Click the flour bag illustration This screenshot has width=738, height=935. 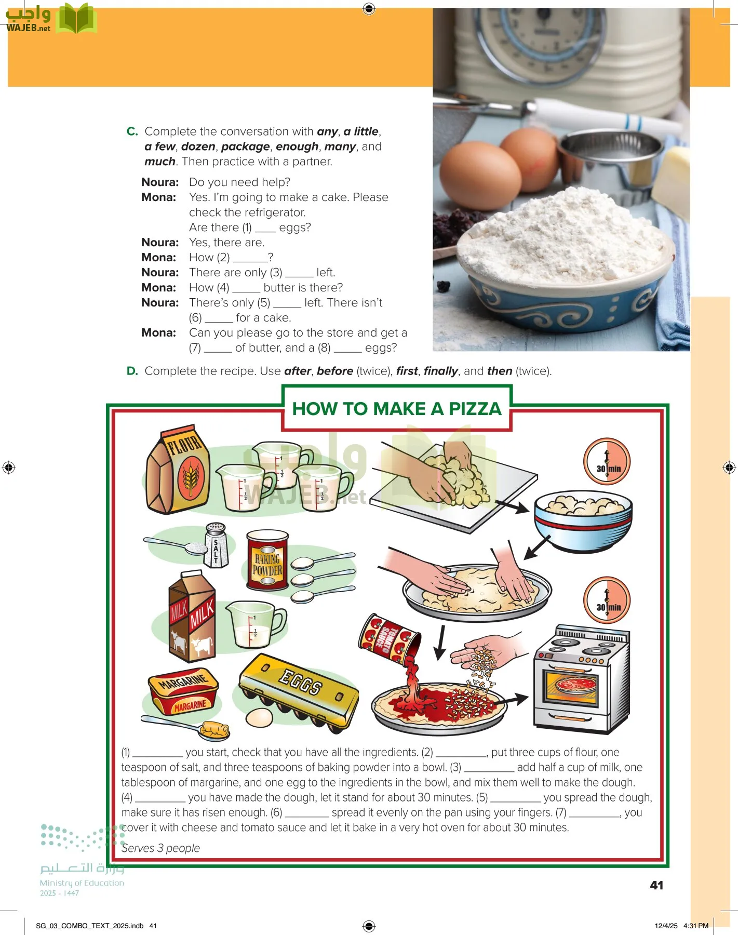(x=178, y=470)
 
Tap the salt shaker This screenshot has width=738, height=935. (x=216, y=545)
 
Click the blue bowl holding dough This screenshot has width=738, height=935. (x=583, y=520)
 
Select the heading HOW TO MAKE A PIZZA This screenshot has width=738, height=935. (x=397, y=409)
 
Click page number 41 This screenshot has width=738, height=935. (x=656, y=886)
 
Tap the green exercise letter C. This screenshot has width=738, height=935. (x=132, y=131)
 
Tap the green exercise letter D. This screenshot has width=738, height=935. (x=132, y=371)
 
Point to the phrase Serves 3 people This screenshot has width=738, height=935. (x=160, y=848)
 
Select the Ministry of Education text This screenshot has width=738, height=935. (x=82, y=883)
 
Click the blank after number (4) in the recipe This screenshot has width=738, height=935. (x=159, y=798)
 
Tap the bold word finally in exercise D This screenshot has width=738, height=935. (x=440, y=371)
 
